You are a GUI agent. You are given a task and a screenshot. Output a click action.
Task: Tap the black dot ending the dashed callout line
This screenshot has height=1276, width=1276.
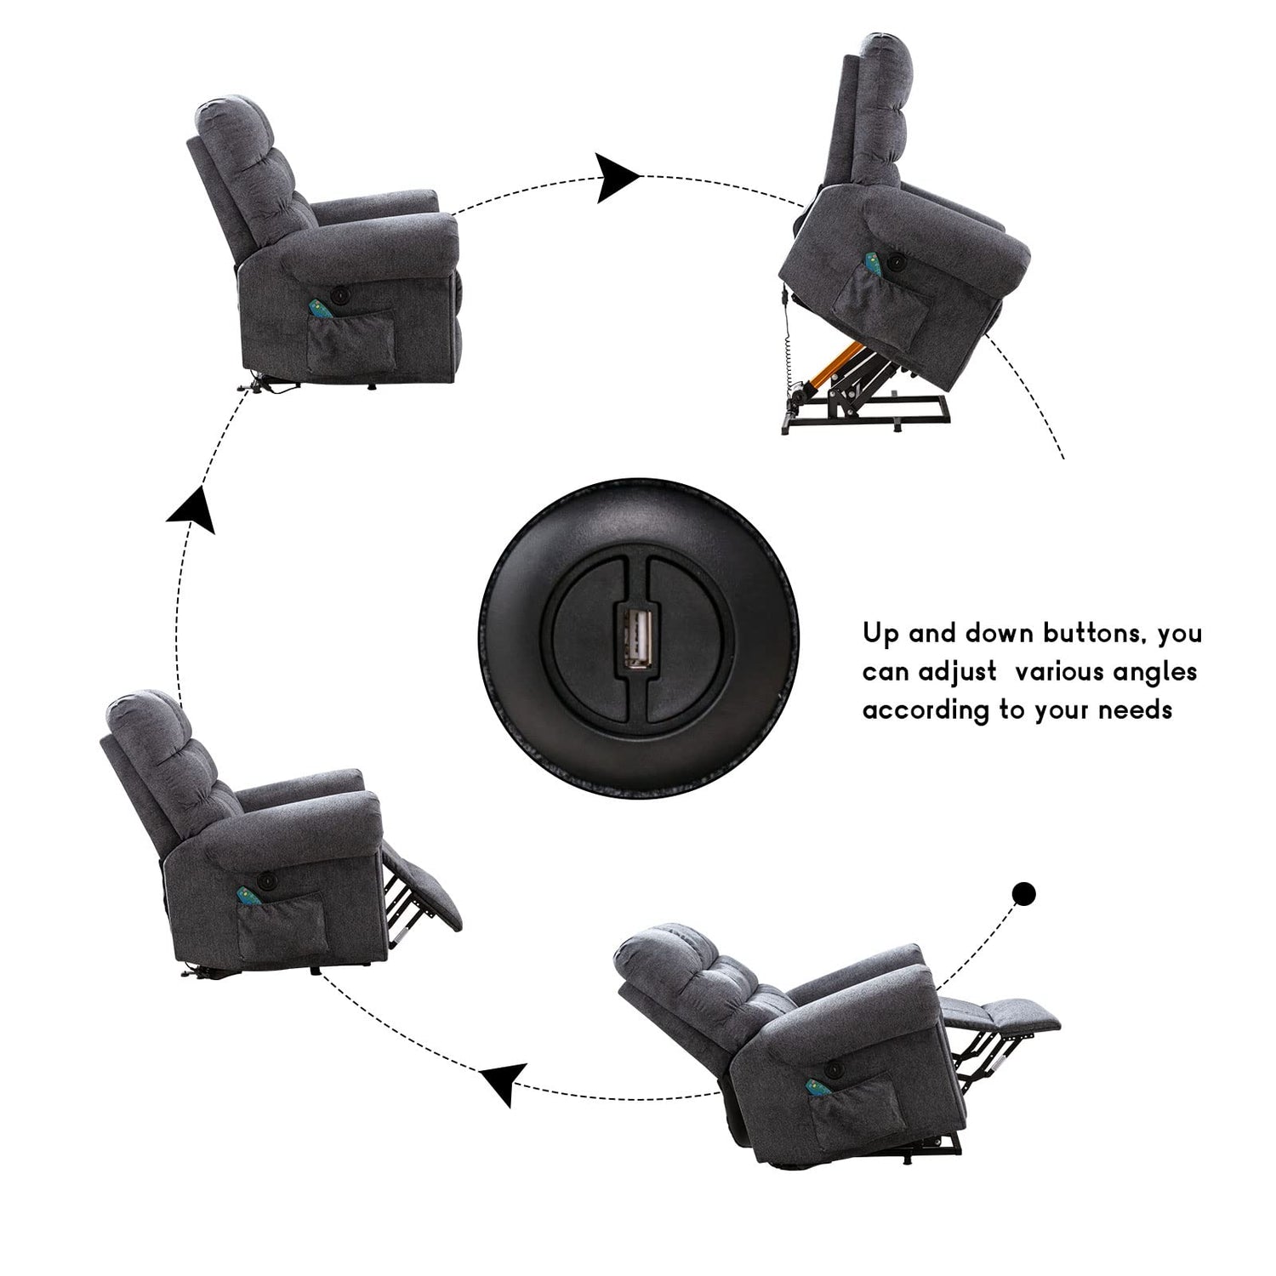[1024, 893]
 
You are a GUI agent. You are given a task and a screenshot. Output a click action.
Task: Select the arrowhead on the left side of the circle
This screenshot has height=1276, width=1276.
[191, 508]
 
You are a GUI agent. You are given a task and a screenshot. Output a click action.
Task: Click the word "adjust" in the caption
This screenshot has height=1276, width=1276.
[957, 673]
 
